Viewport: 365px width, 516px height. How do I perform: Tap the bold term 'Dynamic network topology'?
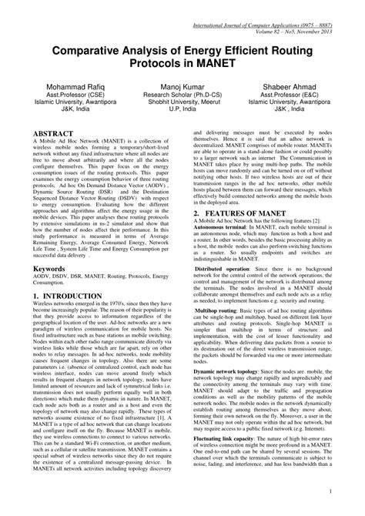227,370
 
